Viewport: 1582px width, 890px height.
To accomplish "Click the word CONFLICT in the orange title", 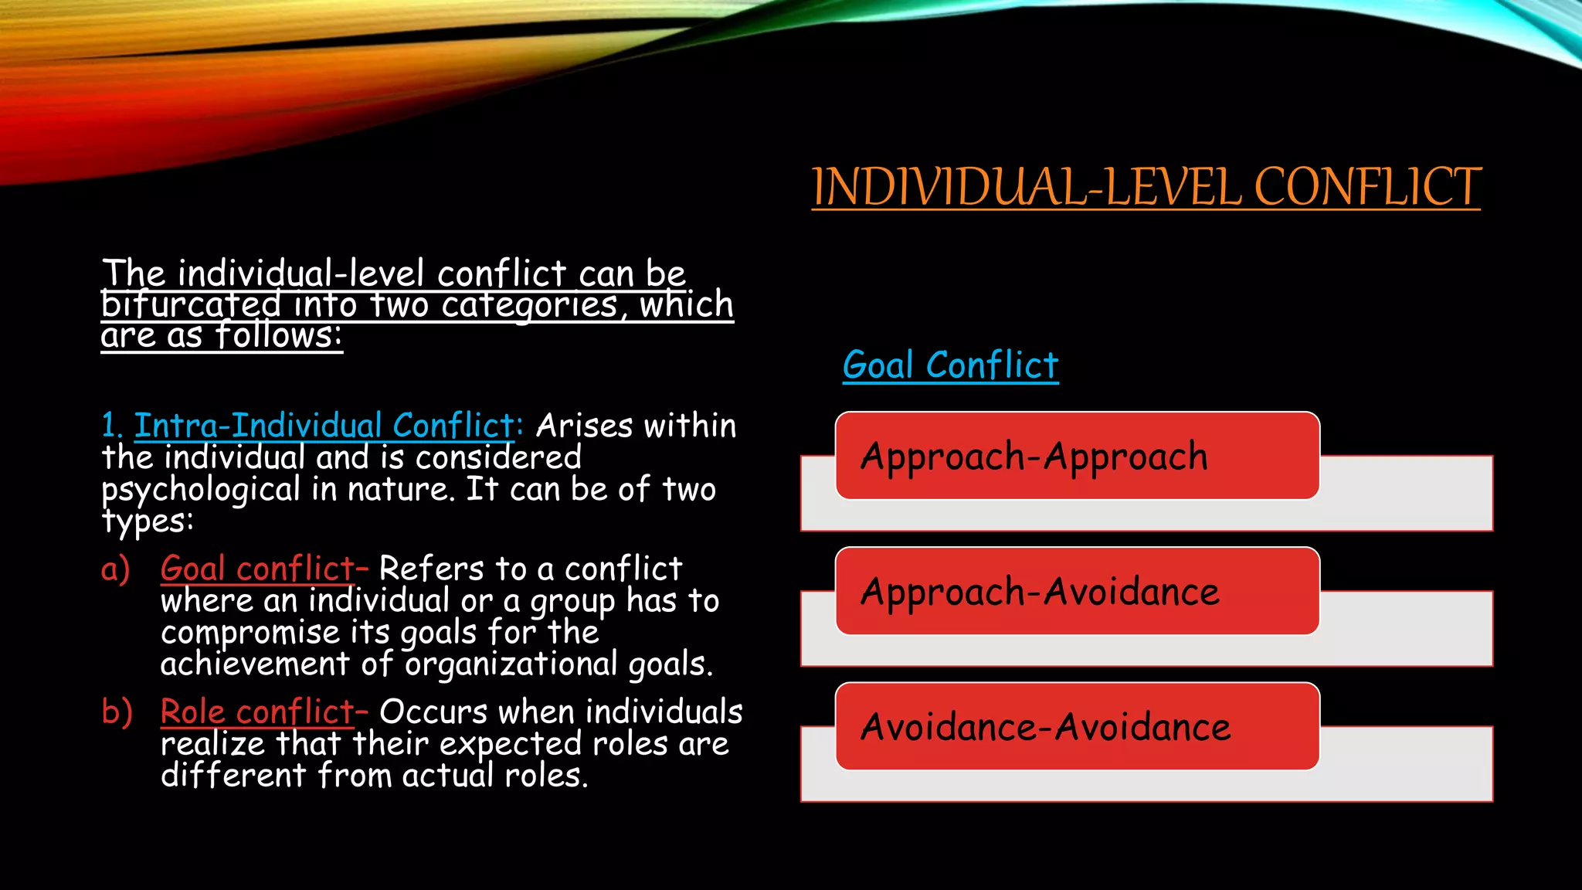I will [x=1367, y=187].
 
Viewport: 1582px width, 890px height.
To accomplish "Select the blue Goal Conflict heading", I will [x=950, y=365].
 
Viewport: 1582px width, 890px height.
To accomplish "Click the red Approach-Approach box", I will [x=1077, y=456].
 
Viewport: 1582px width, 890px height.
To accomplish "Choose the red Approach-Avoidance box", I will [x=1077, y=591].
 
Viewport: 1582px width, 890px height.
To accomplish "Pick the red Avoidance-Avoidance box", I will [x=1077, y=726].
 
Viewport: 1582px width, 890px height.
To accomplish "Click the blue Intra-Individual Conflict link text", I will [x=324, y=426].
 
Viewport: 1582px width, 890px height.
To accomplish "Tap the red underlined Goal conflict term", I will [x=256, y=569].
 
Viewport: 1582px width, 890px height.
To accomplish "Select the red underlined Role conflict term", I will [x=256, y=712].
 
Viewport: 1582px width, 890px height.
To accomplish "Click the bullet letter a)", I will [x=116, y=569].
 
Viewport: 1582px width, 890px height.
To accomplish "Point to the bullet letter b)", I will [x=117, y=712].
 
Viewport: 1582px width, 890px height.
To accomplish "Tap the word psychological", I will [x=201, y=490].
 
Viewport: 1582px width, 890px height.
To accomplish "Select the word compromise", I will [x=250, y=633].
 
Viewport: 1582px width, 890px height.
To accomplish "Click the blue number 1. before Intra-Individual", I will [x=111, y=426].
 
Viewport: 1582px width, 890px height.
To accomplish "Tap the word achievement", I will [x=255, y=664].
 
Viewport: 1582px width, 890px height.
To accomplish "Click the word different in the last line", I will [x=233, y=776].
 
